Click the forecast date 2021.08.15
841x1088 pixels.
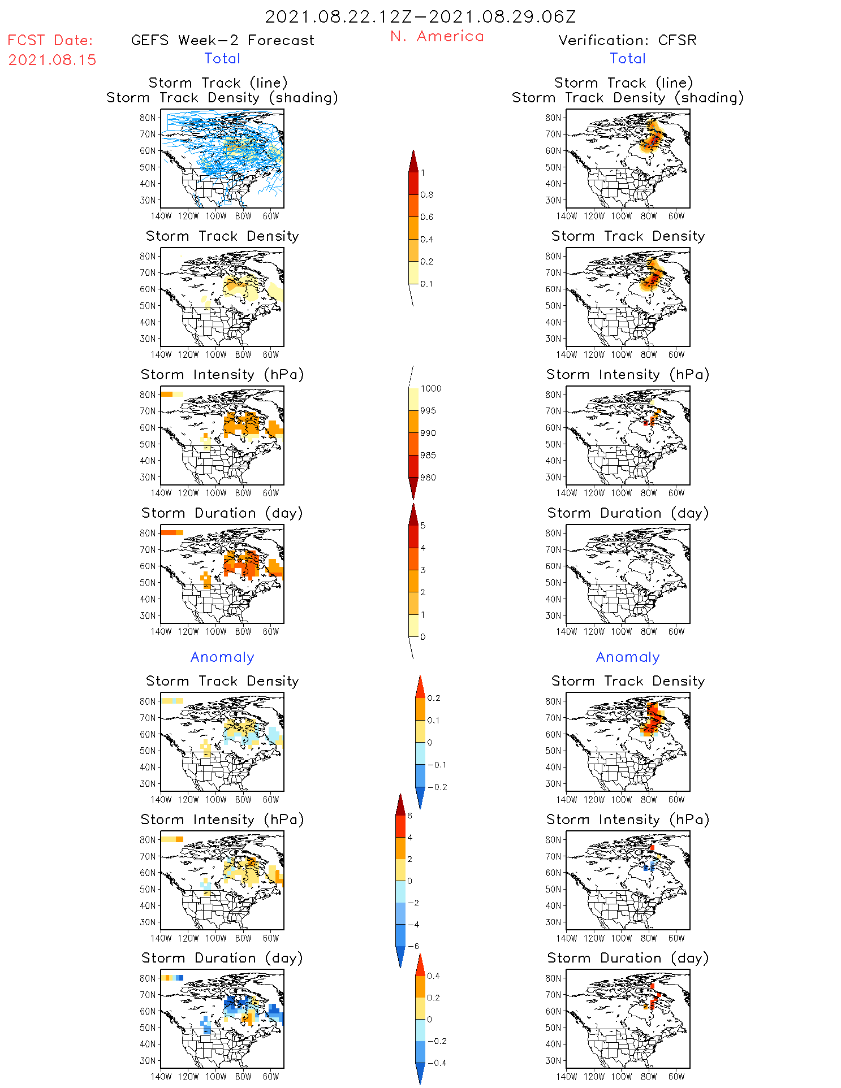(52, 60)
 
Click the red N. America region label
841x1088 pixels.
(437, 37)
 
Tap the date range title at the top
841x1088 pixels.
(420, 16)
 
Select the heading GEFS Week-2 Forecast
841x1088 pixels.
(222, 41)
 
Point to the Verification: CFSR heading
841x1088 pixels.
(627, 41)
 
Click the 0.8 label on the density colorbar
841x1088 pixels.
(427, 195)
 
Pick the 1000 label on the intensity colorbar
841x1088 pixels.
(430, 389)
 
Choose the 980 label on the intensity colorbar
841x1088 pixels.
(428, 478)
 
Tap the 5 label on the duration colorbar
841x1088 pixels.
(423, 526)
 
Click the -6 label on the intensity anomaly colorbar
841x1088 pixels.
(414, 946)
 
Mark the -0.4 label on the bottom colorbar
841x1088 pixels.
(437, 1063)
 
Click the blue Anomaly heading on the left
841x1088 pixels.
(222, 657)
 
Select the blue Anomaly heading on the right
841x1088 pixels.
(628, 657)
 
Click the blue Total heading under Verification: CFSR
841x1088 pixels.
(628, 59)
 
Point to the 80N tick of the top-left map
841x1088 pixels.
(148, 118)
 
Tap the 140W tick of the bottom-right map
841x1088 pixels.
(566, 1077)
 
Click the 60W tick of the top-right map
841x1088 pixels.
(676, 216)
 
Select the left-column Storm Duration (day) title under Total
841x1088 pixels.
(222, 513)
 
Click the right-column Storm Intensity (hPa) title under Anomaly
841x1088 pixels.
(628, 820)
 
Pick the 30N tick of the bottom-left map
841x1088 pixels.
(148, 1060)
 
